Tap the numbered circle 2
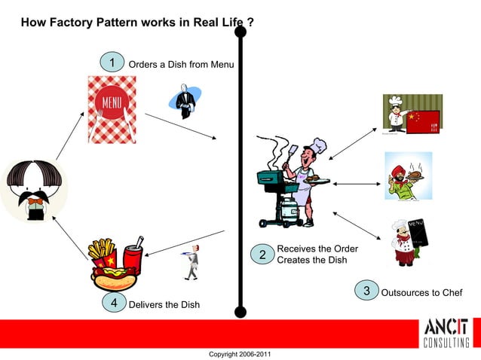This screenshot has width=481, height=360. (x=262, y=255)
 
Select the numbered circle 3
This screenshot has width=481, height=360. (x=366, y=291)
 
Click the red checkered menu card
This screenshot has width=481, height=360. (x=112, y=108)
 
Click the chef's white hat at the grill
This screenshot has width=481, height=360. (x=318, y=145)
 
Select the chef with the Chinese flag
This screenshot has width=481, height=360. (x=411, y=115)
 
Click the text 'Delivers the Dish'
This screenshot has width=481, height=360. (x=164, y=304)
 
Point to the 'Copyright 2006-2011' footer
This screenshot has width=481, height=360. (x=240, y=354)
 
